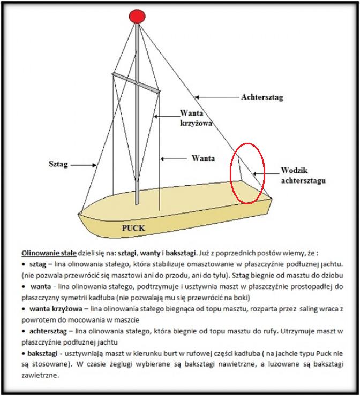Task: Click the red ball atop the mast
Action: coord(138,16)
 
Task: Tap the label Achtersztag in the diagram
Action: coord(262,97)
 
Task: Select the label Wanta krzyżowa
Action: coord(196,118)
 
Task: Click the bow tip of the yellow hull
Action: coord(80,212)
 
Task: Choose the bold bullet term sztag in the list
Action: coord(37,264)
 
